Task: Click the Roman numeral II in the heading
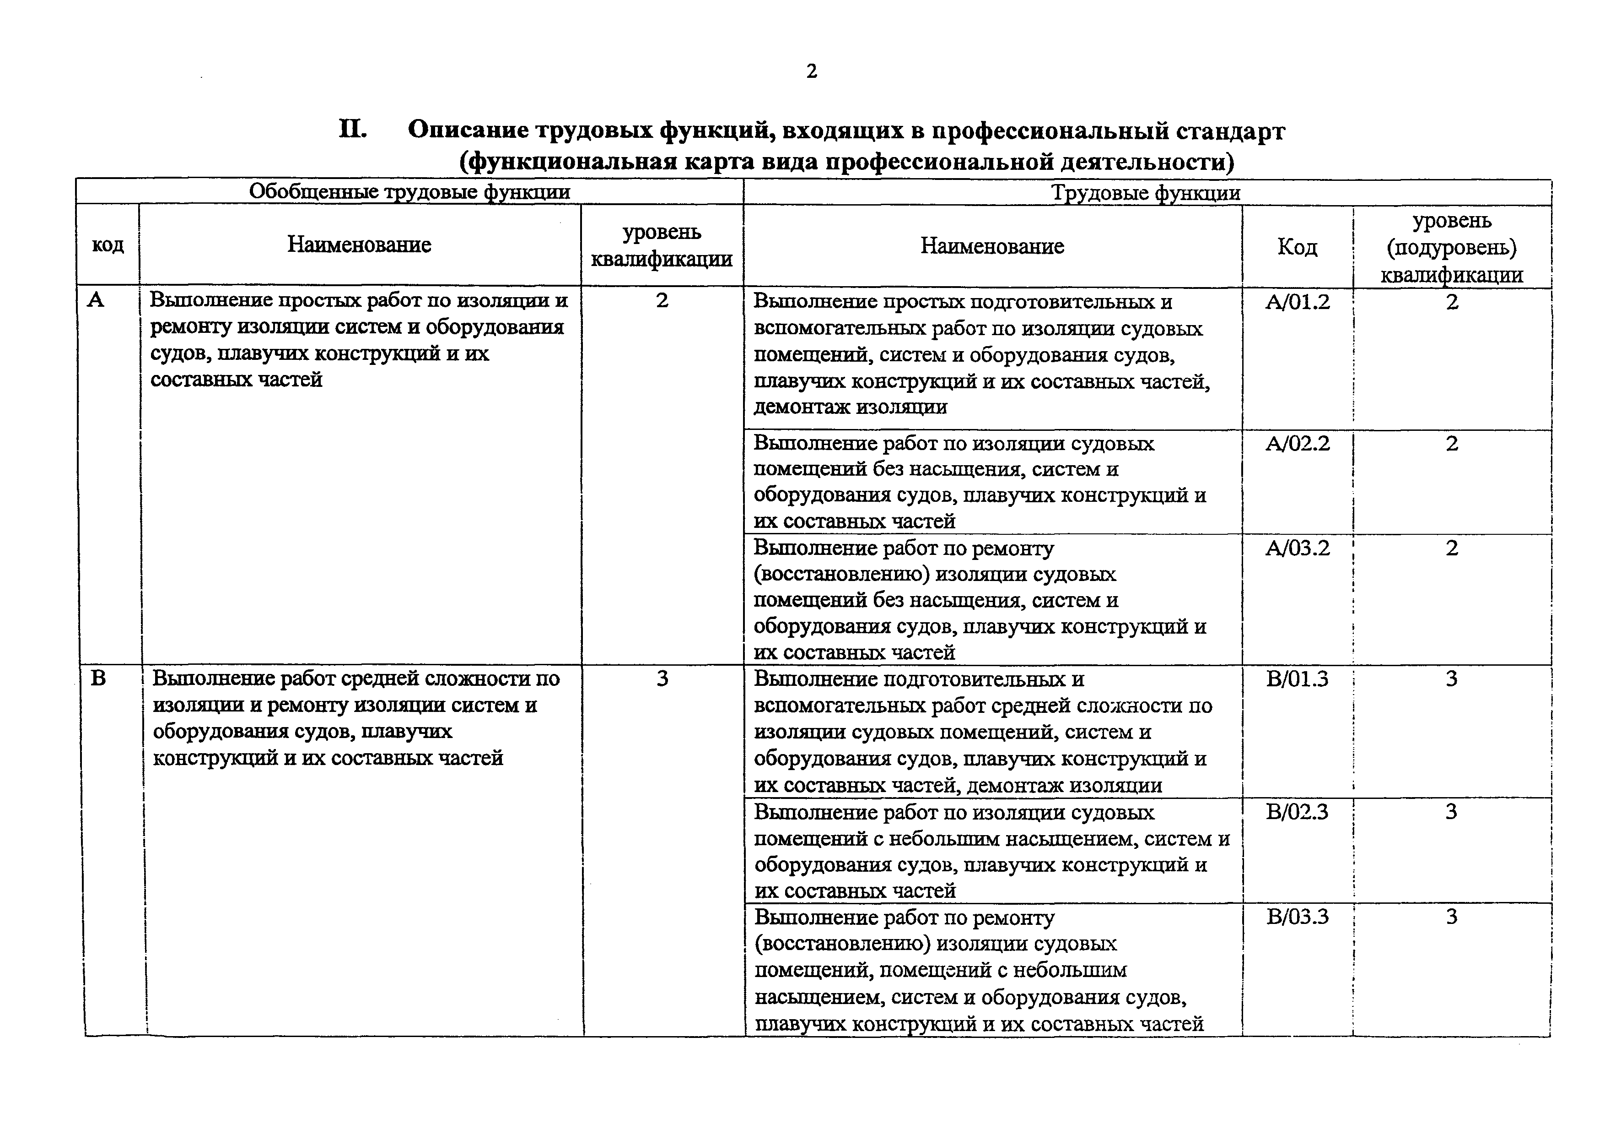(x=353, y=130)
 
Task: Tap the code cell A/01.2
(x=1298, y=302)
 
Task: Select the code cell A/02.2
(x=1298, y=443)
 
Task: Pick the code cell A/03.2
(x=1298, y=548)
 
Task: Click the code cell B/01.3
(x=1298, y=679)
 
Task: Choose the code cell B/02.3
(x=1298, y=812)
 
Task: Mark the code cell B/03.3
(x=1298, y=917)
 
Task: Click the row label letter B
(x=98, y=679)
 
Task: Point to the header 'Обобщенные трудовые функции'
(x=409, y=192)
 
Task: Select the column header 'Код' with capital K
(x=1298, y=247)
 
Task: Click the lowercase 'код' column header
(x=108, y=245)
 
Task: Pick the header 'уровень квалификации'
(x=661, y=245)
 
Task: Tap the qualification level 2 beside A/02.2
(x=1452, y=443)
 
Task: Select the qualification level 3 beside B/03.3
(x=1452, y=917)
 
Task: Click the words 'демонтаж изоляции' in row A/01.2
(x=850, y=407)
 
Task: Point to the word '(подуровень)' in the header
(x=1452, y=248)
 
